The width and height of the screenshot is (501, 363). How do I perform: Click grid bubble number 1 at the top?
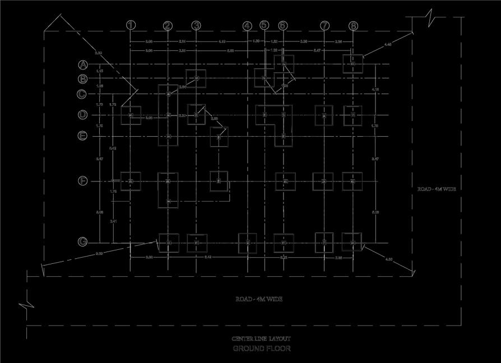(x=131, y=25)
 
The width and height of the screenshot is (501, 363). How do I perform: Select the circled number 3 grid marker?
(x=196, y=25)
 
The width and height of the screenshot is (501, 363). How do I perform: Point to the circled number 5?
(x=265, y=25)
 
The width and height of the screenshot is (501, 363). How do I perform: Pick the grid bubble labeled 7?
(x=324, y=25)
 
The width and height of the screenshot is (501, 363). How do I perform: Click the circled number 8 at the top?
(x=353, y=25)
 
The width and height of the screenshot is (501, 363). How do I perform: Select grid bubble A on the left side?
(x=82, y=65)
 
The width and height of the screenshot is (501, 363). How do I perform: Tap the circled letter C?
(x=82, y=94)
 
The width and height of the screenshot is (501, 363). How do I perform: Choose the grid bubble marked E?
(x=82, y=136)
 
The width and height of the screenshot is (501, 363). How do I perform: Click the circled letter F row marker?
(x=82, y=181)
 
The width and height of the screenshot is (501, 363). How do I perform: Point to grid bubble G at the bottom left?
(x=82, y=242)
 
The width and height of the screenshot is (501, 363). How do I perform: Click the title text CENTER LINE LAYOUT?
(x=261, y=339)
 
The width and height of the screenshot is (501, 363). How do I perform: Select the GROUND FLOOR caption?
(x=262, y=348)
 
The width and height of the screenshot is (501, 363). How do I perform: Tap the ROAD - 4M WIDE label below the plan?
(x=259, y=299)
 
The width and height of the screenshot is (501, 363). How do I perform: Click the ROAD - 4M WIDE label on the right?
(x=437, y=189)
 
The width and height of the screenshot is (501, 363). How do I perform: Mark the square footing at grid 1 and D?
(x=131, y=115)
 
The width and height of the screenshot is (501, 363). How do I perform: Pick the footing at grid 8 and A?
(x=353, y=64)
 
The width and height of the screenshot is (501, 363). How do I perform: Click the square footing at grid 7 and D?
(x=324, y=115)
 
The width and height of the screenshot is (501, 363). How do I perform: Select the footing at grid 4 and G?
(x=248, y=243)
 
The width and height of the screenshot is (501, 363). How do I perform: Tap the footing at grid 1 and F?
(x=131, y=181)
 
